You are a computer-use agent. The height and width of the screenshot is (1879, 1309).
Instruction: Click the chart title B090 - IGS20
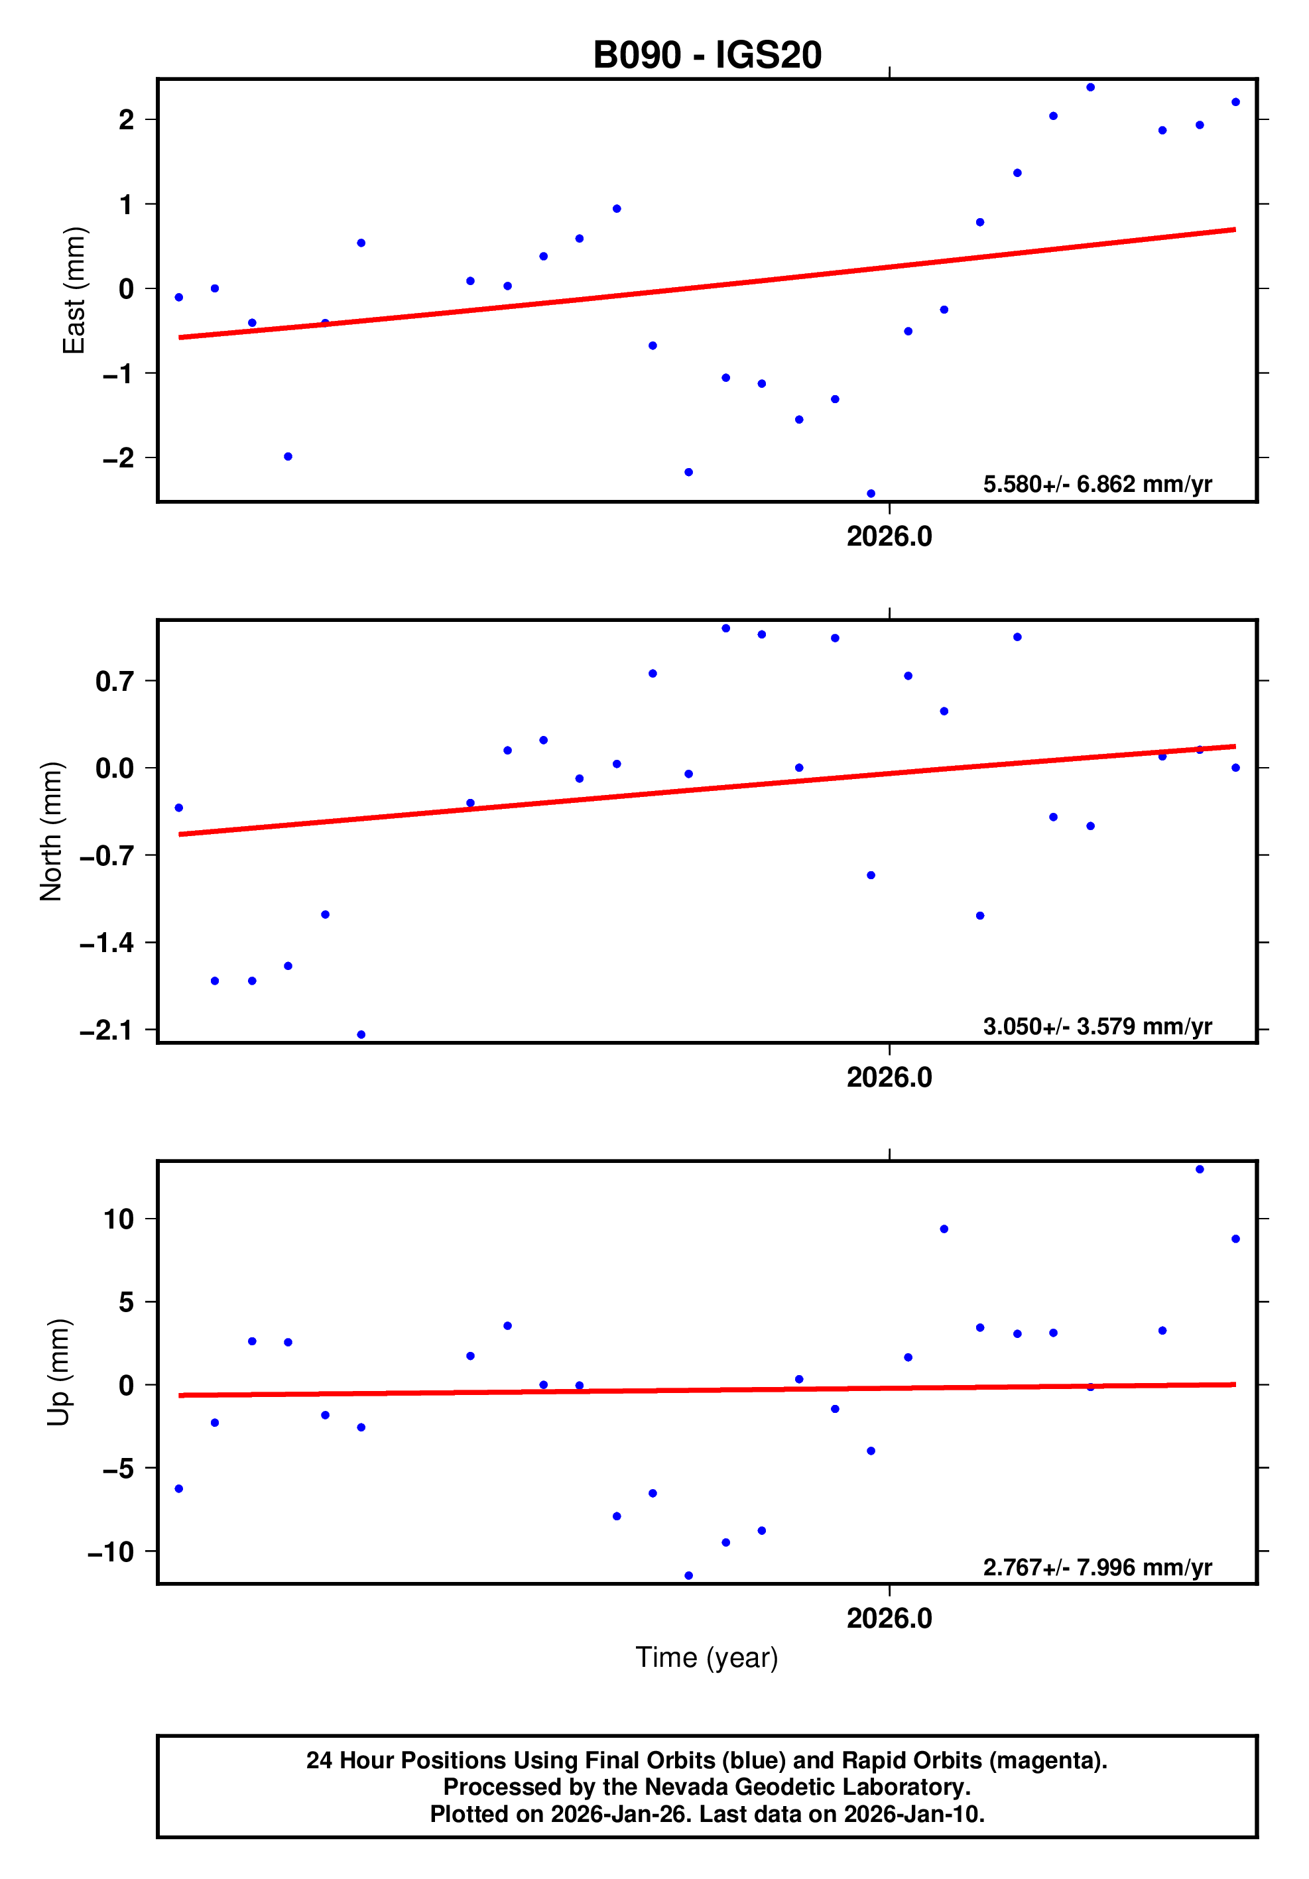point(706,55)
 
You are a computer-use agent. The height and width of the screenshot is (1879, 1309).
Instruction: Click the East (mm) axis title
point(74,290)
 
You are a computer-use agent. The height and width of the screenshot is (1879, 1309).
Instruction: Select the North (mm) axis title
point(51,831)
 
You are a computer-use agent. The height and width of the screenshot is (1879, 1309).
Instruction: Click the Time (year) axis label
point(706,1657)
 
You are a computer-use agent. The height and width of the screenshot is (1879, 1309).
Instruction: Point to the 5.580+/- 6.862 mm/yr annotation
point(1097,485)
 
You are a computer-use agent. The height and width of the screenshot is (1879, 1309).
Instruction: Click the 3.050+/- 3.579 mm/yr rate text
point(1097,1026)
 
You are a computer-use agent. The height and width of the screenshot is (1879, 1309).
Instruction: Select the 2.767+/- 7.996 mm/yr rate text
point(1097,1567)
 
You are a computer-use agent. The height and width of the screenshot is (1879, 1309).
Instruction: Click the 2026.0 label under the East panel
point(889,537)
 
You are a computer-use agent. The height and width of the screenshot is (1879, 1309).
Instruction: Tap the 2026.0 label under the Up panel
point(889,1618)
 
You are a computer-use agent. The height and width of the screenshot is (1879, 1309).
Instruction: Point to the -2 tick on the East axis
point(118,458)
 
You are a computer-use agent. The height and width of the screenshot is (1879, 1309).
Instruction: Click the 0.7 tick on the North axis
point(115,681)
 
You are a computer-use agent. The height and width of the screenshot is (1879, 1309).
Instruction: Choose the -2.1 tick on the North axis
point(106,1030)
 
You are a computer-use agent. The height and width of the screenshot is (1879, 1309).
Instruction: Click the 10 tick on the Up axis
point(119,1219)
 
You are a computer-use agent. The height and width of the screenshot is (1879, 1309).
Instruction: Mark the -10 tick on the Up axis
point(111,1551)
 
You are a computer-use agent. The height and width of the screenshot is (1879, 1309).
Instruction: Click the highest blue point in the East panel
point(1090,88)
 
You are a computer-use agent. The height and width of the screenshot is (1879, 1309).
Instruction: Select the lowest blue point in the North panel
point(361,1034)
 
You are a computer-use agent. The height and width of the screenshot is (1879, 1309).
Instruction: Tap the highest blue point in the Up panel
point(1200,1170)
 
